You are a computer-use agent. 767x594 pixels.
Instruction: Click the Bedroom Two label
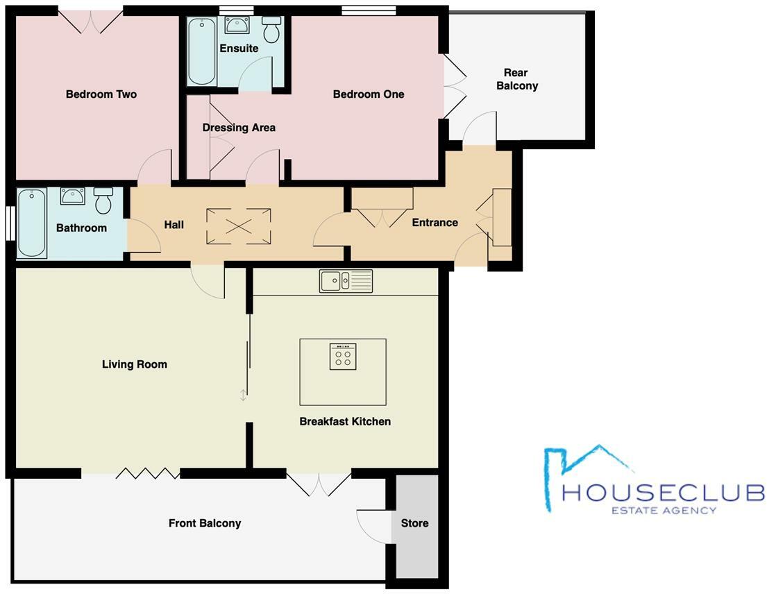click(101, 94)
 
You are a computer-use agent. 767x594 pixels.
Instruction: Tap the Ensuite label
click(239, 49)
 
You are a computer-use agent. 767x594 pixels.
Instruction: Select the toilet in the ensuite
click(271, 30)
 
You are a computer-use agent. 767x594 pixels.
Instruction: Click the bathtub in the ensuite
click(202, 51)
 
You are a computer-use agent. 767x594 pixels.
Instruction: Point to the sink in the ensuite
click(237, 25)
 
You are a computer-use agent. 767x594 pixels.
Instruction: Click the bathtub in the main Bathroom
click(31, 223)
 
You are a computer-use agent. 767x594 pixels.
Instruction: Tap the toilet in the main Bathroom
click(103, 200)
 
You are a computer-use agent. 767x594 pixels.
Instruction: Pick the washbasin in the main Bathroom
click(72, 196)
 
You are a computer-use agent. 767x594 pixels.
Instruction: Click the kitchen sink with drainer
click(346, 281)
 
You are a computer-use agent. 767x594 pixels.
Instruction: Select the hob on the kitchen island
click(343, 357)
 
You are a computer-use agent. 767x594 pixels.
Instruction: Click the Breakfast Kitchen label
click(345, 421)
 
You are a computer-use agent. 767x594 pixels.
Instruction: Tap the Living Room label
click(135, 364)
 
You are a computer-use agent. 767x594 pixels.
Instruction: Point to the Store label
click(415, 523)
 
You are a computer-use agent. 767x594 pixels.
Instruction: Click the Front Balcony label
click(205, 523)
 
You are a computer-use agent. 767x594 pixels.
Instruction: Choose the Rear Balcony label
click(516, 79)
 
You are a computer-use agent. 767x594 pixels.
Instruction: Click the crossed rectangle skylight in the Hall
click(239, 226)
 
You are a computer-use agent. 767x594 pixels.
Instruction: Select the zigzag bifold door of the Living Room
click(147, 473)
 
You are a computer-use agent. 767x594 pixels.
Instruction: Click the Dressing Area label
click(239, 128)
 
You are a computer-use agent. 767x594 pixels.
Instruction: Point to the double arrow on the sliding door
click(243, 396)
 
